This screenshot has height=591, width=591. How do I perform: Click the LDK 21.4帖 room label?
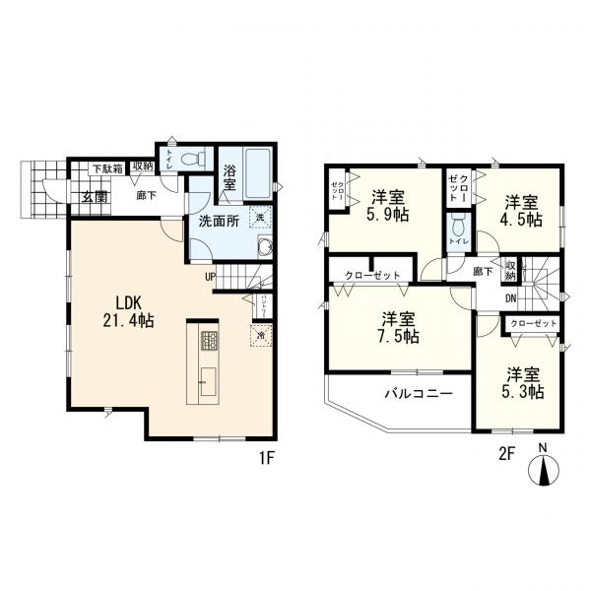tap(126, 310)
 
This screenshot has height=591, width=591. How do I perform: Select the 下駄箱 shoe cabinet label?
tap(107, 168)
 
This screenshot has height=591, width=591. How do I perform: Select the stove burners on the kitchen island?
tap(209, 342)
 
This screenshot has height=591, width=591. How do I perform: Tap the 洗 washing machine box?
tap(260, 217)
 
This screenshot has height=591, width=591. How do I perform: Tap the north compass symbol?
tap(544, 468)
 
